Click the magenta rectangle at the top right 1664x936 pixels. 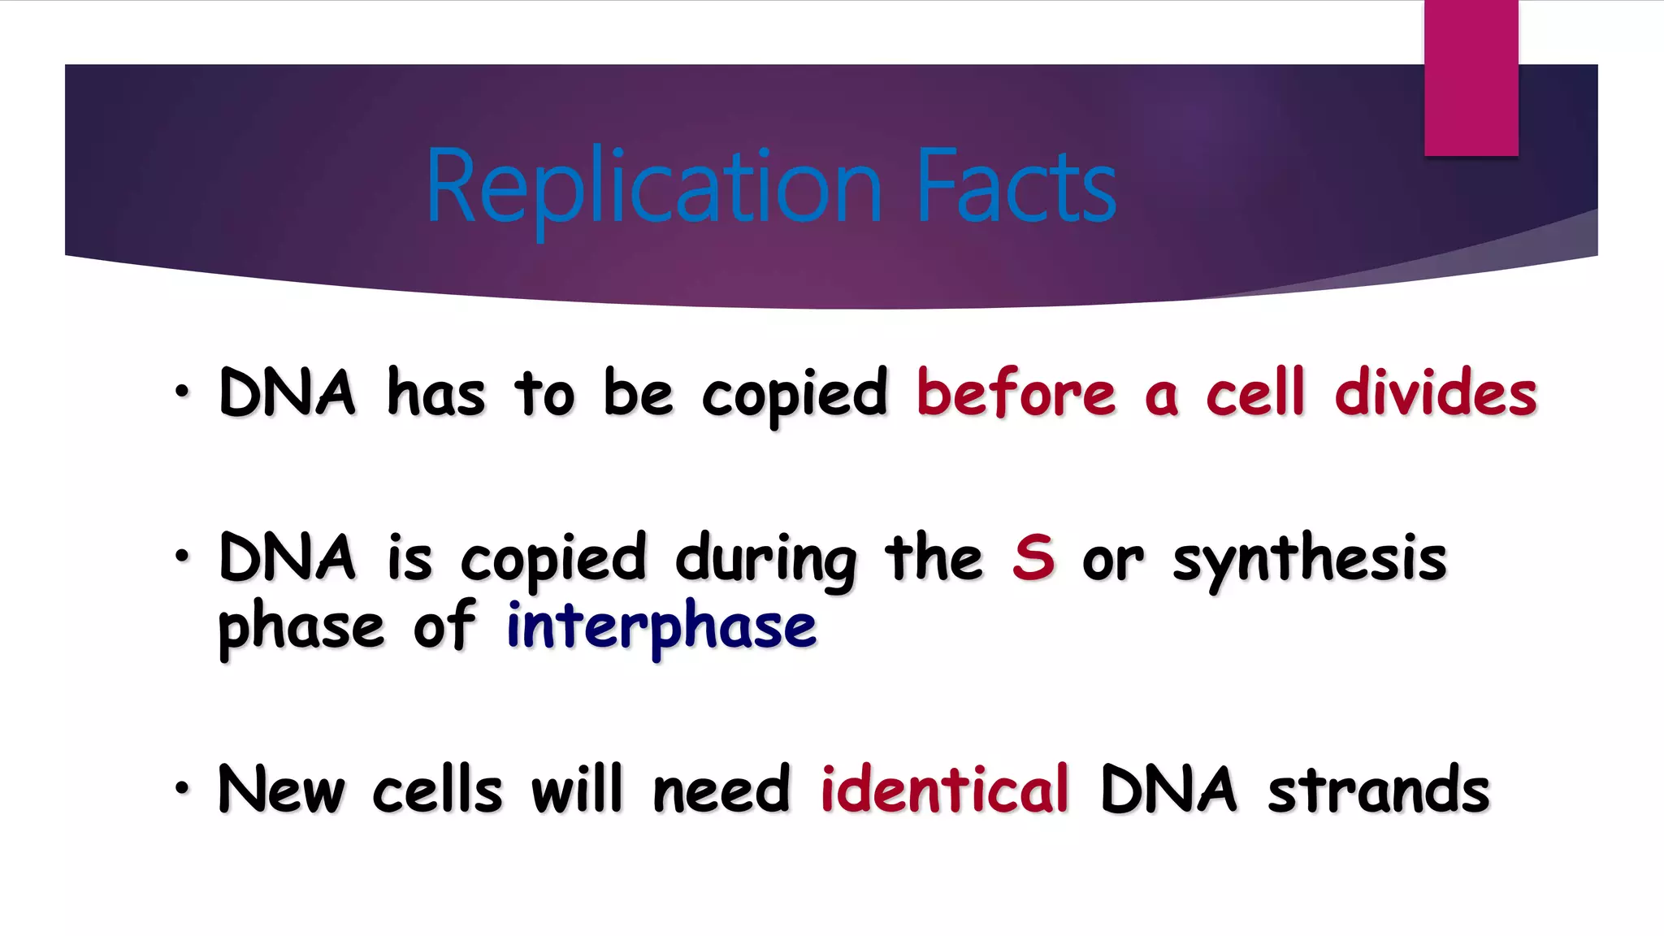pyautogui.click(x=1471, y=78)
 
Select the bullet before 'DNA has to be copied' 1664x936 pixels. pyautogui.click(x=182, y=392)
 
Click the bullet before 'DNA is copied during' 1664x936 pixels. pyautogui.click(x=182, y=557)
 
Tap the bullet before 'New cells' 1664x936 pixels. pyautogui.click(x=182, y=788)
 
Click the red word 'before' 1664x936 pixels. pyautogui.click(x=1016, y=393)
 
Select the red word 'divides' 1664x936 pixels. pyautogui.click(x=1435, y=393)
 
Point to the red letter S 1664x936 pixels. pyautogui.click(x=1033, y=558)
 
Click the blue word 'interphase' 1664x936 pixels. pyautogui.click(x=661, y=627)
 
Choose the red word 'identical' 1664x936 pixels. pyautogui.click(x=944, y=789)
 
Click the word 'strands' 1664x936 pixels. pyautogui.click(x=1379, y=790)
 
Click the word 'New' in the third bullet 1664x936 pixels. pyautogui.click(x=281, y=790)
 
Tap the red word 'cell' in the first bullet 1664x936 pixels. pyautogui.click(x=1254, y=393)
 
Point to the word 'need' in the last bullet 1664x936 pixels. pyautogui.click(x=721, y=790)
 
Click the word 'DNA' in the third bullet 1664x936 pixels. pyautogui.click(x=1168, y=790)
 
